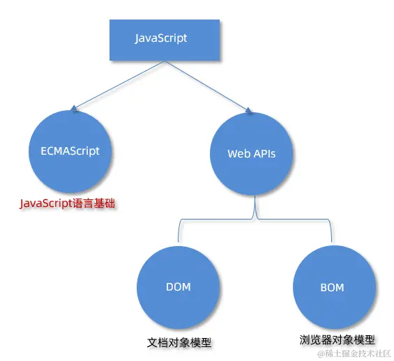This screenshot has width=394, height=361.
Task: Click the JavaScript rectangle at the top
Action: click(164, 38)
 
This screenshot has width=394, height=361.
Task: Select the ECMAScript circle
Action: click(70, 151)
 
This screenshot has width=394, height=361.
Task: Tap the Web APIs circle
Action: click(252, 153)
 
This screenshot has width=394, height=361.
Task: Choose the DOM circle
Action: click(179, 286)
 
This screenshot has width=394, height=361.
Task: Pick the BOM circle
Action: click(331, 287)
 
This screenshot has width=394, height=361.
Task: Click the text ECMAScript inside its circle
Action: click(70, 151)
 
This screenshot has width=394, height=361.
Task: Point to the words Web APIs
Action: click(252, 153)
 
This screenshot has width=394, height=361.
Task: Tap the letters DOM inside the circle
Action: click(179, 286)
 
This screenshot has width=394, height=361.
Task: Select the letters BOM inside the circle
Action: click(331, 287)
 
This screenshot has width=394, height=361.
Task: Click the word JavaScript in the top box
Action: click(161, 38)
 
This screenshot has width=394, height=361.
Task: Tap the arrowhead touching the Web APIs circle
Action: click(248, 109)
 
